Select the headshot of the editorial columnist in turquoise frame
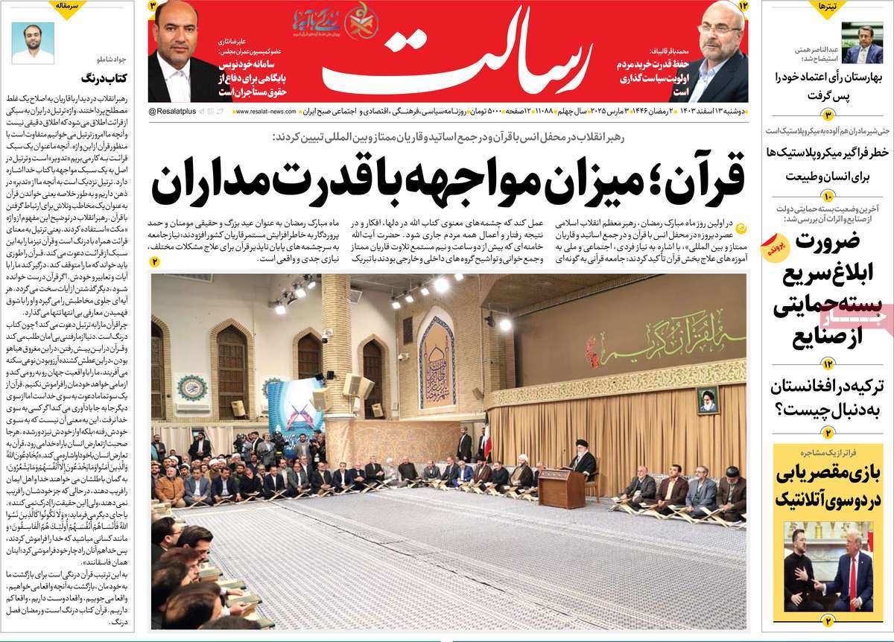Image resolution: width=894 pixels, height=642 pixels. [x=33, y=42]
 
